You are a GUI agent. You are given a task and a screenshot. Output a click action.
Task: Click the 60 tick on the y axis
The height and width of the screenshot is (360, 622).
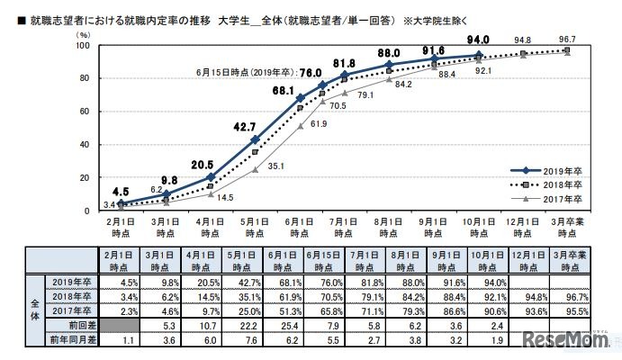(x=82, y=111)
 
